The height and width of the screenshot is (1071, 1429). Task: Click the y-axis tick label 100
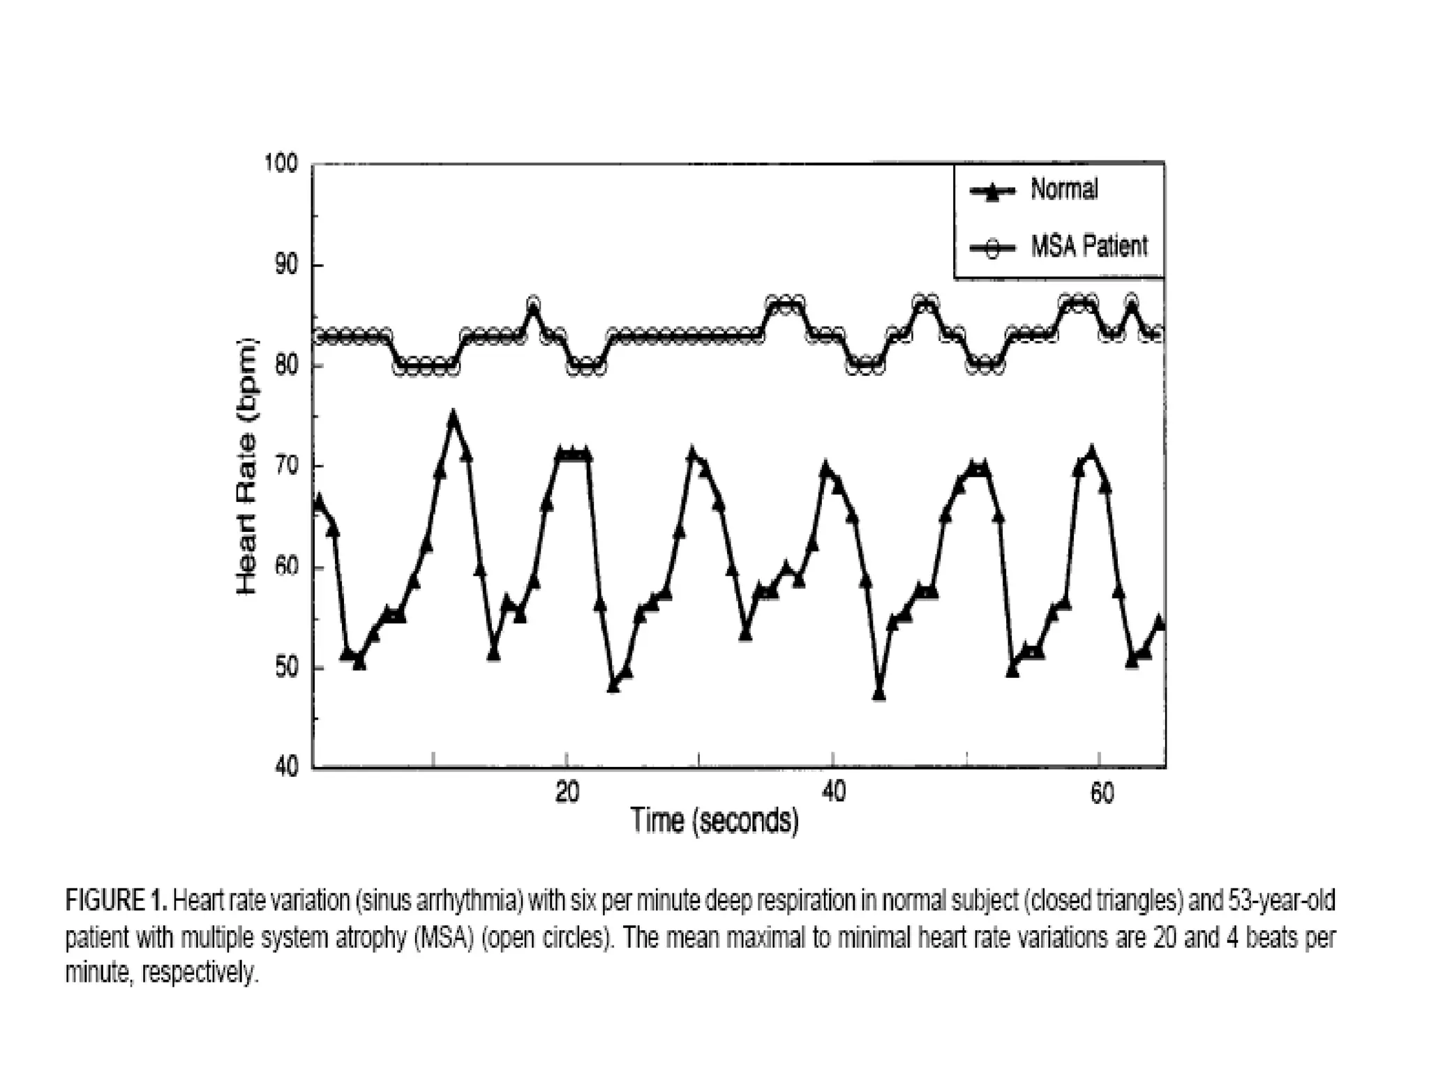coord(280,164)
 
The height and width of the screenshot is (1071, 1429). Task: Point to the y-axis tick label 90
coord(284,265)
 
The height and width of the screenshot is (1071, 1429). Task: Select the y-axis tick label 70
coord(284,466)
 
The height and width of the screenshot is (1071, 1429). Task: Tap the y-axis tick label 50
coord(284,668)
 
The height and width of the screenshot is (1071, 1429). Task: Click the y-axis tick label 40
coord(284,768)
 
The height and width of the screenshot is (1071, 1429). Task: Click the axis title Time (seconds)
coord(714,821)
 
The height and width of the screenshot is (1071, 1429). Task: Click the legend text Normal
coord(1064,189)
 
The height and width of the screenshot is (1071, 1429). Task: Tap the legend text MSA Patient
coord(1089,246)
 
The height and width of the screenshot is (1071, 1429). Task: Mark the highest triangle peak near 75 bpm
coord(454,419)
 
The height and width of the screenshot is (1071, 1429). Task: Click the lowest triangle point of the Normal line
coord(879,694)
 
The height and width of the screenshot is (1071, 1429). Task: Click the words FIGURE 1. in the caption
coord(116,901)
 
